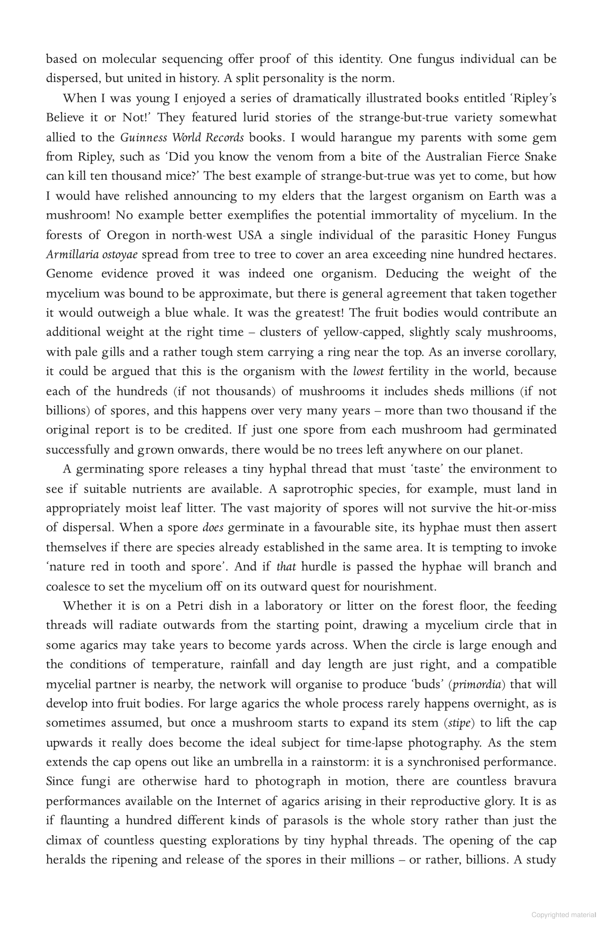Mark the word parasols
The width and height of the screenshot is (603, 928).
point(307,821)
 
